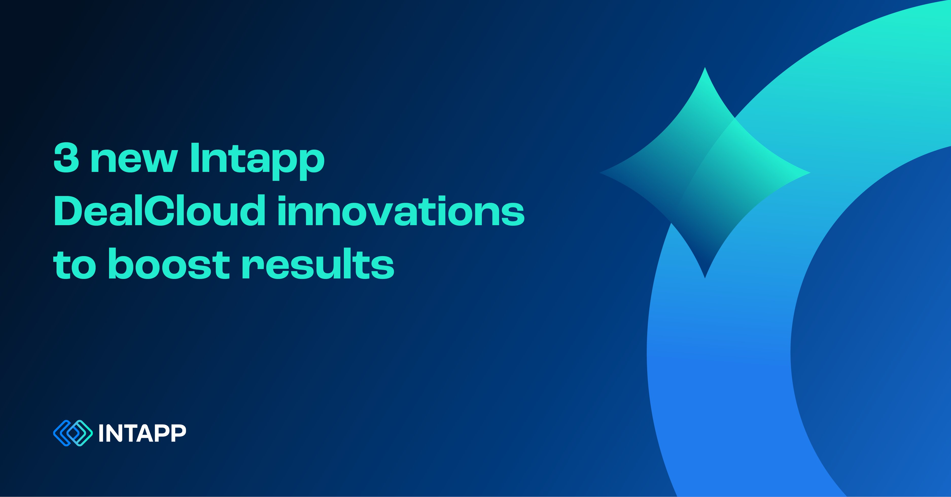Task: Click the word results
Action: click(318, 264)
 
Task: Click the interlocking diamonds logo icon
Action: click(73, 433)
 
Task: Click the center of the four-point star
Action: click(705, 172)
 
